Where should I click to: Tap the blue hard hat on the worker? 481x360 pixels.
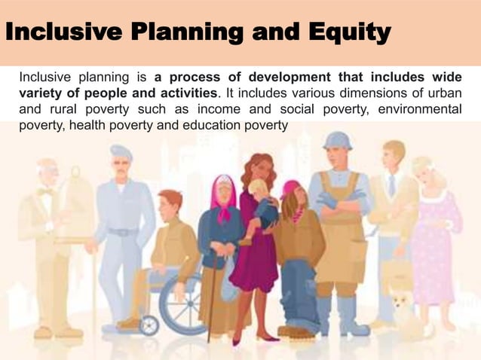[337, 140]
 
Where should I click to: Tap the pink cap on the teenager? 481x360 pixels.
[289, 188]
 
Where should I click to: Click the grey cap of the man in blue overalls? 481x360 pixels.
[121, 152]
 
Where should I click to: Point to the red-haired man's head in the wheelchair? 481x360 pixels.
[170, 203]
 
